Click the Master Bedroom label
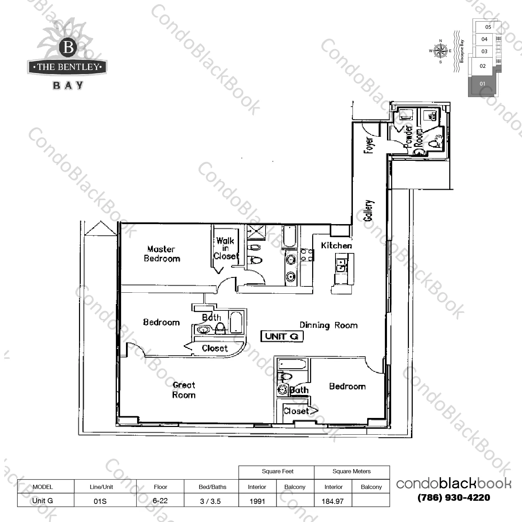point(162,254)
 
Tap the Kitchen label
point(336,246)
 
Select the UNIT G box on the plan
point(282,337)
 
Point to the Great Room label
point(184,390)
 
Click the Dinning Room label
point(329,325)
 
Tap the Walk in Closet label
point(226,248)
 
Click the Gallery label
point(369,211)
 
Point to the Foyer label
point(369,145)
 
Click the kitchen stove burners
point(307,255)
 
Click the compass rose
point(441,51)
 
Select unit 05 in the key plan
point(488,27)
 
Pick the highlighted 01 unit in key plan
point(482,84)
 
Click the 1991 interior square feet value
point(257,501)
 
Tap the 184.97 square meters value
point(333,501)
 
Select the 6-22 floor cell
point(160,501)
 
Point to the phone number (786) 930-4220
point(454,498)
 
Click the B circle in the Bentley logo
point(69,47)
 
